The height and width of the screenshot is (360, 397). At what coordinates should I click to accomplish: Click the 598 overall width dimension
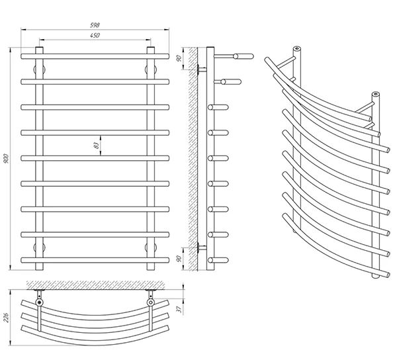click(96, 26)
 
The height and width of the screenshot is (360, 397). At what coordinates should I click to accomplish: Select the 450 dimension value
click(96, 35)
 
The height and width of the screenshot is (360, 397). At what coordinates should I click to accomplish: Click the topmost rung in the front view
click(96, 56)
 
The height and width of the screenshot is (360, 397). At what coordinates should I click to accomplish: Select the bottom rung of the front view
click(96, 258)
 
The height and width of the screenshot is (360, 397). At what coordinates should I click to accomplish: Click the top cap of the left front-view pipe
click(40, 48)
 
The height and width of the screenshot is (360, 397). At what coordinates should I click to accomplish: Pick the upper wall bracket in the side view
click(200, 68)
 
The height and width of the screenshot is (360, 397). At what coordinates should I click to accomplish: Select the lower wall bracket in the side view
click(200, 247)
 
